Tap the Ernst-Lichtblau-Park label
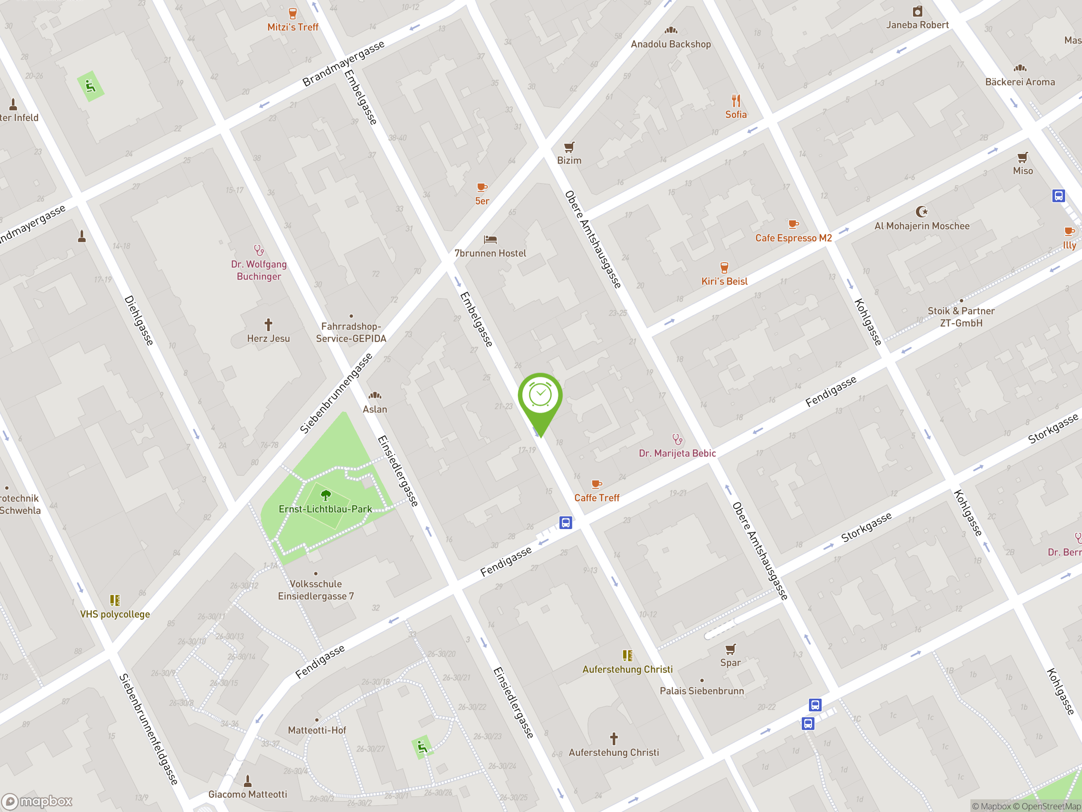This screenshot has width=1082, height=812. (325, 509)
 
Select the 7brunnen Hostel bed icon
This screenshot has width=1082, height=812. (490, 239)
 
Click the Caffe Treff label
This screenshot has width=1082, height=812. (597, 498)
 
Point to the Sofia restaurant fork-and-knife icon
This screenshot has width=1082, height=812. (736, 101)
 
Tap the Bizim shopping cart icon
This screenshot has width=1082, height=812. (569, 147)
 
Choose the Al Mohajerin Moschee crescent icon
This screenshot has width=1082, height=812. (921, 211)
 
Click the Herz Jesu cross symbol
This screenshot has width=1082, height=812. (268, 324)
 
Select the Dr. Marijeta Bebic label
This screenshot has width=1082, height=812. (677, 453)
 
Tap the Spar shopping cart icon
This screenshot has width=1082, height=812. (730, 649)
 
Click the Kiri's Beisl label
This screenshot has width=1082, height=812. (724, 281)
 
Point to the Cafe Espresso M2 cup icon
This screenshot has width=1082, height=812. (793, 224)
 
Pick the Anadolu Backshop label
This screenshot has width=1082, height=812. (671, 44)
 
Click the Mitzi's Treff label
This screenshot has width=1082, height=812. (292, 27)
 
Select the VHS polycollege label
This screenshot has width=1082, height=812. (115, 614)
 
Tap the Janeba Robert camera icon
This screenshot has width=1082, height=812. (917, 11)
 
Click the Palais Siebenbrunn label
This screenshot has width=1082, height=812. (702, 691)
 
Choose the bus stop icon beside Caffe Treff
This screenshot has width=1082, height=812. (566, 523)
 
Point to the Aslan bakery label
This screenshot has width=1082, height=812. (375, 409)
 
